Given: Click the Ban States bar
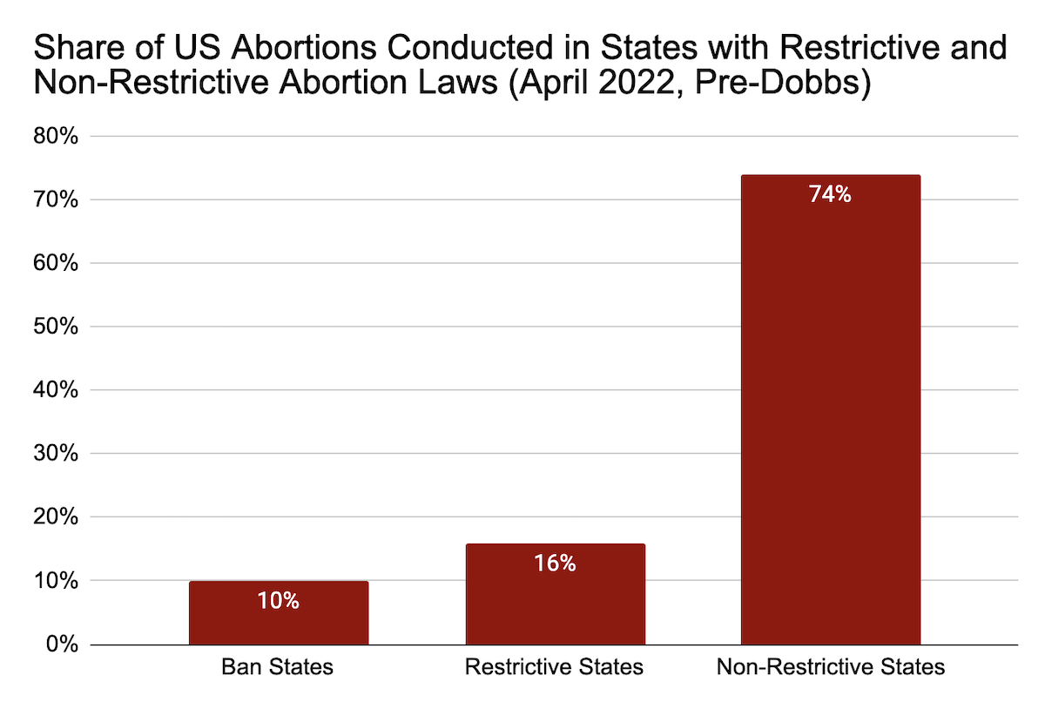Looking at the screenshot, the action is point(279,613).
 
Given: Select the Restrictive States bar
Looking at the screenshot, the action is point(556,594).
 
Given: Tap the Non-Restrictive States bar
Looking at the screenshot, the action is point(831,410).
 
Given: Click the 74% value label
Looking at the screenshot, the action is point(830,194).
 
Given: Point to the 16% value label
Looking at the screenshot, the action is point(555,563).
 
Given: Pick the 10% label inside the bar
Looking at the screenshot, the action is point(278,601).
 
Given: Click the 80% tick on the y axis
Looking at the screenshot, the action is point(56,136).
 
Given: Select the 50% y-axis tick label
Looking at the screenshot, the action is point(56,326).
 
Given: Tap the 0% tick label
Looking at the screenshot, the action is point(62,645).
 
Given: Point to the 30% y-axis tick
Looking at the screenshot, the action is point(56,453).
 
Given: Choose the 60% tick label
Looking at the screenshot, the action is point(56,263).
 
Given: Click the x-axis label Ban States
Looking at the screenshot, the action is point(278,666).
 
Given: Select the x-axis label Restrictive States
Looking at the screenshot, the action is point(554,666).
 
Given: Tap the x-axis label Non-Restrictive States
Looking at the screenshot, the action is point(831,666).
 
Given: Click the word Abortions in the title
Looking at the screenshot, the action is point(304,47).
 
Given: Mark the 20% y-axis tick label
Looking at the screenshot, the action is point(56,516).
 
